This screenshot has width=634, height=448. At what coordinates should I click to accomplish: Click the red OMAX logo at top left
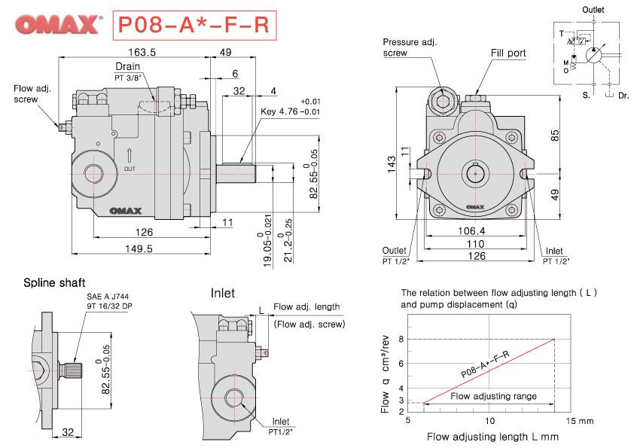(56, 25)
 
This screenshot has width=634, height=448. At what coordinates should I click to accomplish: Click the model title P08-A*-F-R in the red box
(191, 25)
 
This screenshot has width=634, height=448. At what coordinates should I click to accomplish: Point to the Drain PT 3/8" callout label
(127, 72)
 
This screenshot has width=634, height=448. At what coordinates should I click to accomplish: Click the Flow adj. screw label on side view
(32, 93)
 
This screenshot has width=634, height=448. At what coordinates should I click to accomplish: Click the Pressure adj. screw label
(407, 47)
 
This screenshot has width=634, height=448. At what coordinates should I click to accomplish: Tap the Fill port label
(508, 53)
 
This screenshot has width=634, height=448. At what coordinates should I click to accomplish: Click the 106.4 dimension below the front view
(471, 231)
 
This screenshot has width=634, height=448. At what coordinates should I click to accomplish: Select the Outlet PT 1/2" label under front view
(395, 255)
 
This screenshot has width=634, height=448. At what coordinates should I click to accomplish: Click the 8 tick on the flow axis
(401, 339)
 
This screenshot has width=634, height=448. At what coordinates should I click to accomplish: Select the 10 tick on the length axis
(489, 420)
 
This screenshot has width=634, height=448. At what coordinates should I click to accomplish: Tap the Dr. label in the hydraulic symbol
(623, 96)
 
